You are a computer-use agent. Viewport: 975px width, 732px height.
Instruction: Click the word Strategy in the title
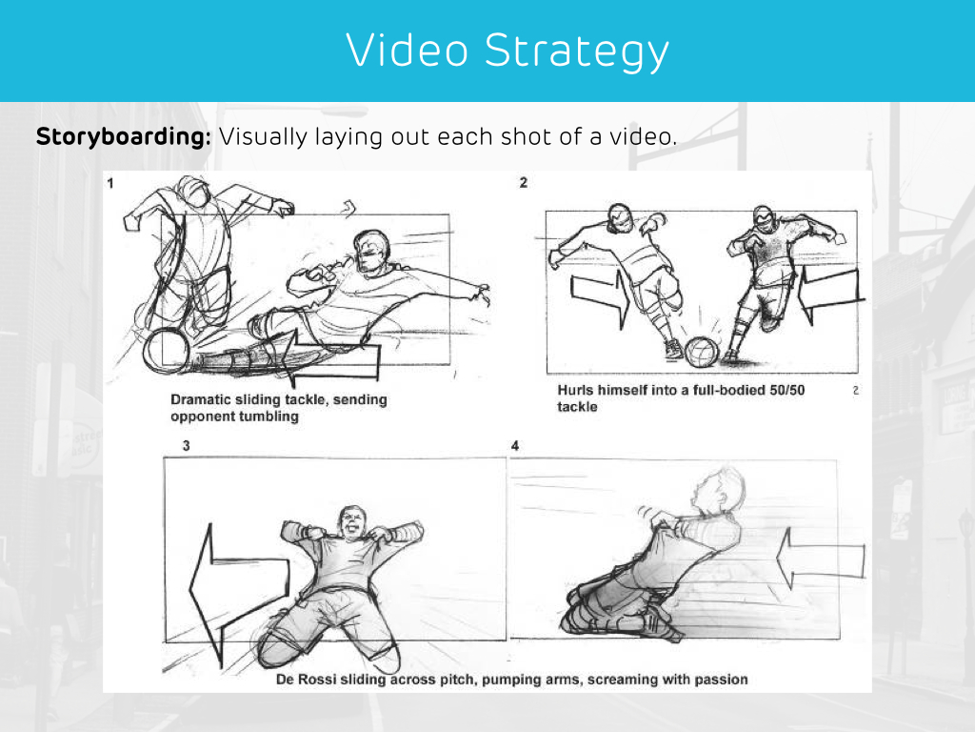tap(576, 51)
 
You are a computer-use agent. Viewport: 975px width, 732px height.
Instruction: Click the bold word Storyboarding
tap(123, 137)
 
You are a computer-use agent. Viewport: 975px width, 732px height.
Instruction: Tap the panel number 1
tap(110, 183)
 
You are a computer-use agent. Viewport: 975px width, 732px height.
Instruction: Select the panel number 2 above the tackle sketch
tap(524, 182)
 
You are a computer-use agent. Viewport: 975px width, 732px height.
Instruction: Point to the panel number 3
tap(186, 446)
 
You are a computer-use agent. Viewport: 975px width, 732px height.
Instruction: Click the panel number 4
tap(515, 446)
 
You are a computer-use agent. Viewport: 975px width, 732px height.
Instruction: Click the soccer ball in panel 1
tap(166, 351)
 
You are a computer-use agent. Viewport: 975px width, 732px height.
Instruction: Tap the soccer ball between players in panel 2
tap(702, 353)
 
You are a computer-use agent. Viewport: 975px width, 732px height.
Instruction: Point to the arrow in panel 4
tap(821, 559)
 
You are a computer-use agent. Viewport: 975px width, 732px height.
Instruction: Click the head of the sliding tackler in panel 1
tap(370, 252)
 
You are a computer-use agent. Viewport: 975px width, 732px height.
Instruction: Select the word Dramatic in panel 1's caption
tap(200, 399)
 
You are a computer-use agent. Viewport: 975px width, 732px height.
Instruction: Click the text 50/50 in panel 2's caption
tap(786, 390)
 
